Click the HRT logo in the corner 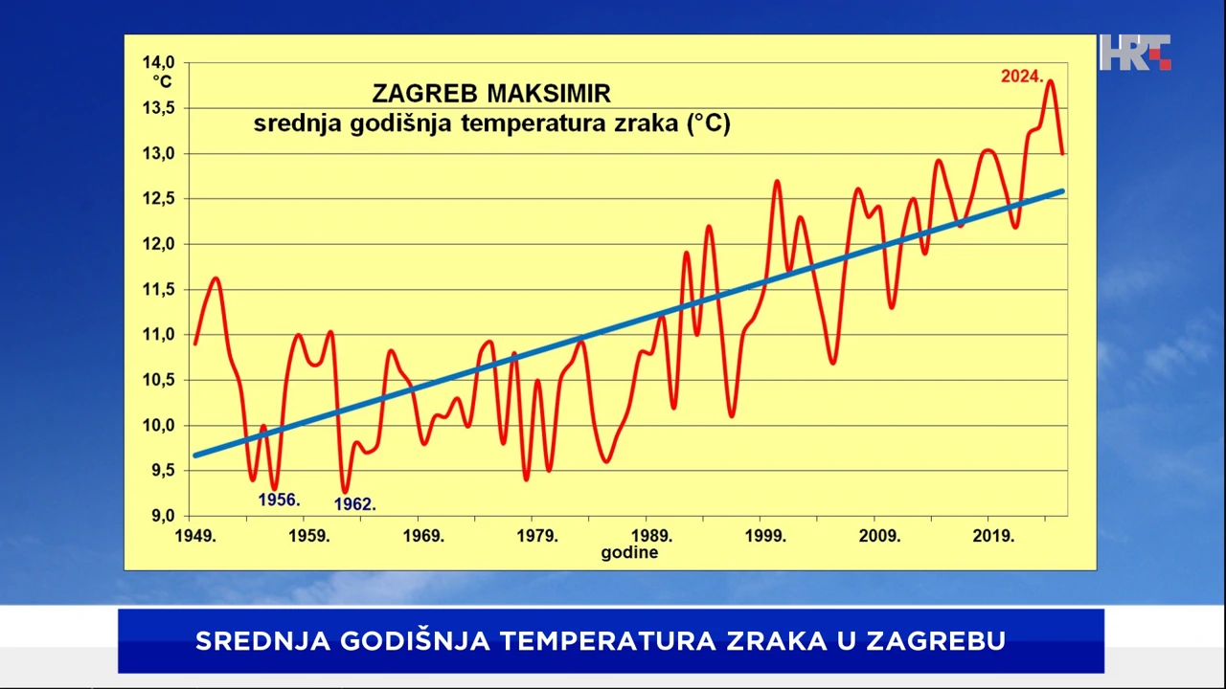coord(1134,53)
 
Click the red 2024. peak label coord(1022,77)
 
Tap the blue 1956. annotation coord(279,500)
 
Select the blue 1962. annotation coord(354,504)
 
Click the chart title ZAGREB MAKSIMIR coord(490,94)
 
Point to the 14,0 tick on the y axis coord(158,62)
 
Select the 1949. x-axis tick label coord(194,536)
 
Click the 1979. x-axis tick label coord(536,536)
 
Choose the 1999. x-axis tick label coord(764,536)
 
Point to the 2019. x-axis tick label coord(992,536)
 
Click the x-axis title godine coord(629,553)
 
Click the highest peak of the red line coord(1050,81)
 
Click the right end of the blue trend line coord(1061,191)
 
